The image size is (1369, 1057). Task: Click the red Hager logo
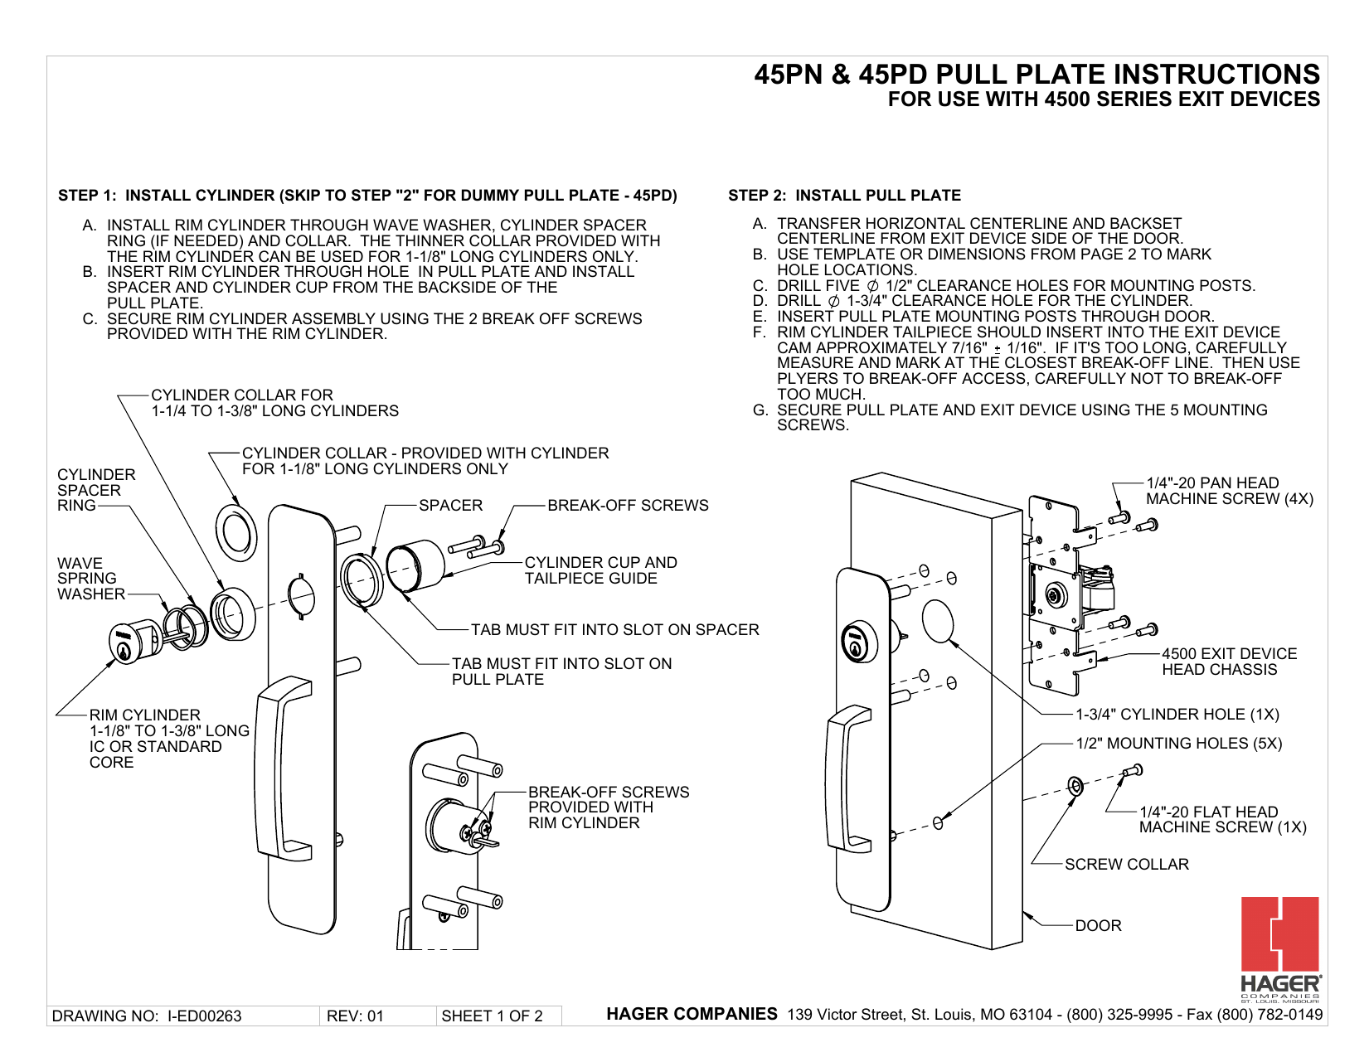tap(1279, 934)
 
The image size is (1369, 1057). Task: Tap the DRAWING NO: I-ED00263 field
tap(147, 1016)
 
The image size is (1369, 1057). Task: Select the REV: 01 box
tap(356, 1016)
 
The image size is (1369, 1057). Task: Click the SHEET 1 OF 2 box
tap(492, 1016)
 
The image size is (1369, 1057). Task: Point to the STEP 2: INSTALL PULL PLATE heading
tap(844, 196)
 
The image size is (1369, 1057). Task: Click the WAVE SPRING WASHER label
tap(87, 579)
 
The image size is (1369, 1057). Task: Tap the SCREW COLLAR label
tap(1126, 864)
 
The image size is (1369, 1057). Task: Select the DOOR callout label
tap(1098, 925)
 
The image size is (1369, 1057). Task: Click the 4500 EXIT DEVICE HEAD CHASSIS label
tap(1229, 662)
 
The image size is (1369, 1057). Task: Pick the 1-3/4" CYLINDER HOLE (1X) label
tap(1177, 714)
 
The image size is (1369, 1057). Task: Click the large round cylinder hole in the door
tap(938, 621)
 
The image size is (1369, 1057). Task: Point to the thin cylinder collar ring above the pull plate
tap(235, 531)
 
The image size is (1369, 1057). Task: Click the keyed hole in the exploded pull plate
tap(302, 595)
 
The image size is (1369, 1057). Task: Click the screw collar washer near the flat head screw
tap(1075, 785)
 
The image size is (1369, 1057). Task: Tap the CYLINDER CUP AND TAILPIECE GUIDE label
tap(600, 570)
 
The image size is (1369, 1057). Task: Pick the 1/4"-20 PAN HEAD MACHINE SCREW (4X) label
tap(1229, 491)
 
